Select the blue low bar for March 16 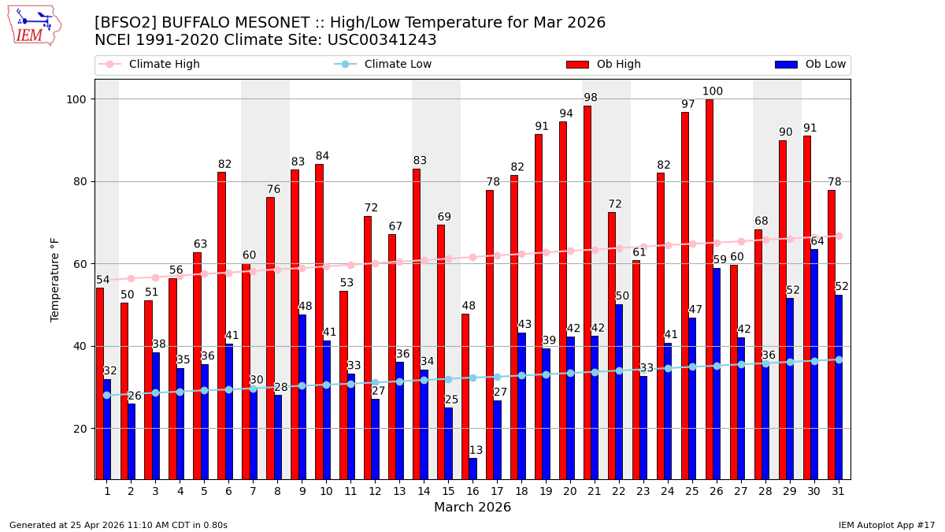pyautogui.click(x=472, y=468)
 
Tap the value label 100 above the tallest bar pyautogui.click(x=713, y=91)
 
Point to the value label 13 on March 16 pyautogui.click(x=476, y=451)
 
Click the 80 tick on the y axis pyautogui.click(x=80, y=181)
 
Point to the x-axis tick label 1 pyautogui.click(x=107, y=491)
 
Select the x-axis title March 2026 pyautogui.click(x=472, y=508)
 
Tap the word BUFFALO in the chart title pyautogui.click(x=199, y=23)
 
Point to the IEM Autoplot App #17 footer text pyautogui.click(x=887, y=525)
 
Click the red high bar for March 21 pyautogui.click(x=587, y=292)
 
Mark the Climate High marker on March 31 pyautogui.click(x=839, y=236)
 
